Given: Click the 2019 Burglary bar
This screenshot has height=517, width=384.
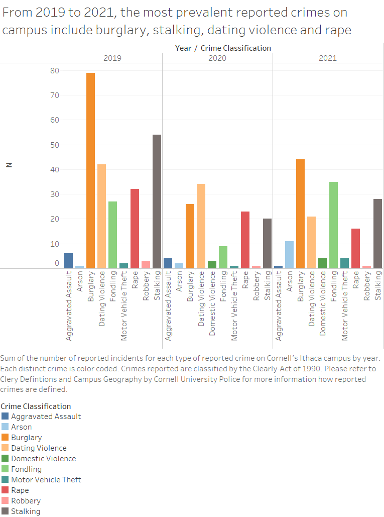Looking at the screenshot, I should [90, 171].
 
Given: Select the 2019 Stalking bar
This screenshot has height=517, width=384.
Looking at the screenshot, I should [157, 201].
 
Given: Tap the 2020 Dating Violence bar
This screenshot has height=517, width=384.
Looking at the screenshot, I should [201, 226].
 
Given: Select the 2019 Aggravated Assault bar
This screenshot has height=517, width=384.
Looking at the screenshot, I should [68, 261].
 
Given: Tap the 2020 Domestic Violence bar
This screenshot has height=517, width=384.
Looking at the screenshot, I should [212, 264].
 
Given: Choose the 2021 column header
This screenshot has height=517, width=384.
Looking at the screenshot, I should [328, 58].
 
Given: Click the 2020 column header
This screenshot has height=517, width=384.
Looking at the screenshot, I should [217, 58].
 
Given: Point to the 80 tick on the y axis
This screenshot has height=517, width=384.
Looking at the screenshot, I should [54, 71].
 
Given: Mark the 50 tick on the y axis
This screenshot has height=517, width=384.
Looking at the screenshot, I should [54, 145].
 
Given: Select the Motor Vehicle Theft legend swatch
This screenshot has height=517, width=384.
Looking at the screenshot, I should [5, 479].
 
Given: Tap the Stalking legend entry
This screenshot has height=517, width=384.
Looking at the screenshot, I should [26, 511].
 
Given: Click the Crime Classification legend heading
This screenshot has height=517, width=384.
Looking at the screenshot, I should [36, 406].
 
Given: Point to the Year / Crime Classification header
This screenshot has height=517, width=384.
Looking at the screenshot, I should [223, 48].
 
